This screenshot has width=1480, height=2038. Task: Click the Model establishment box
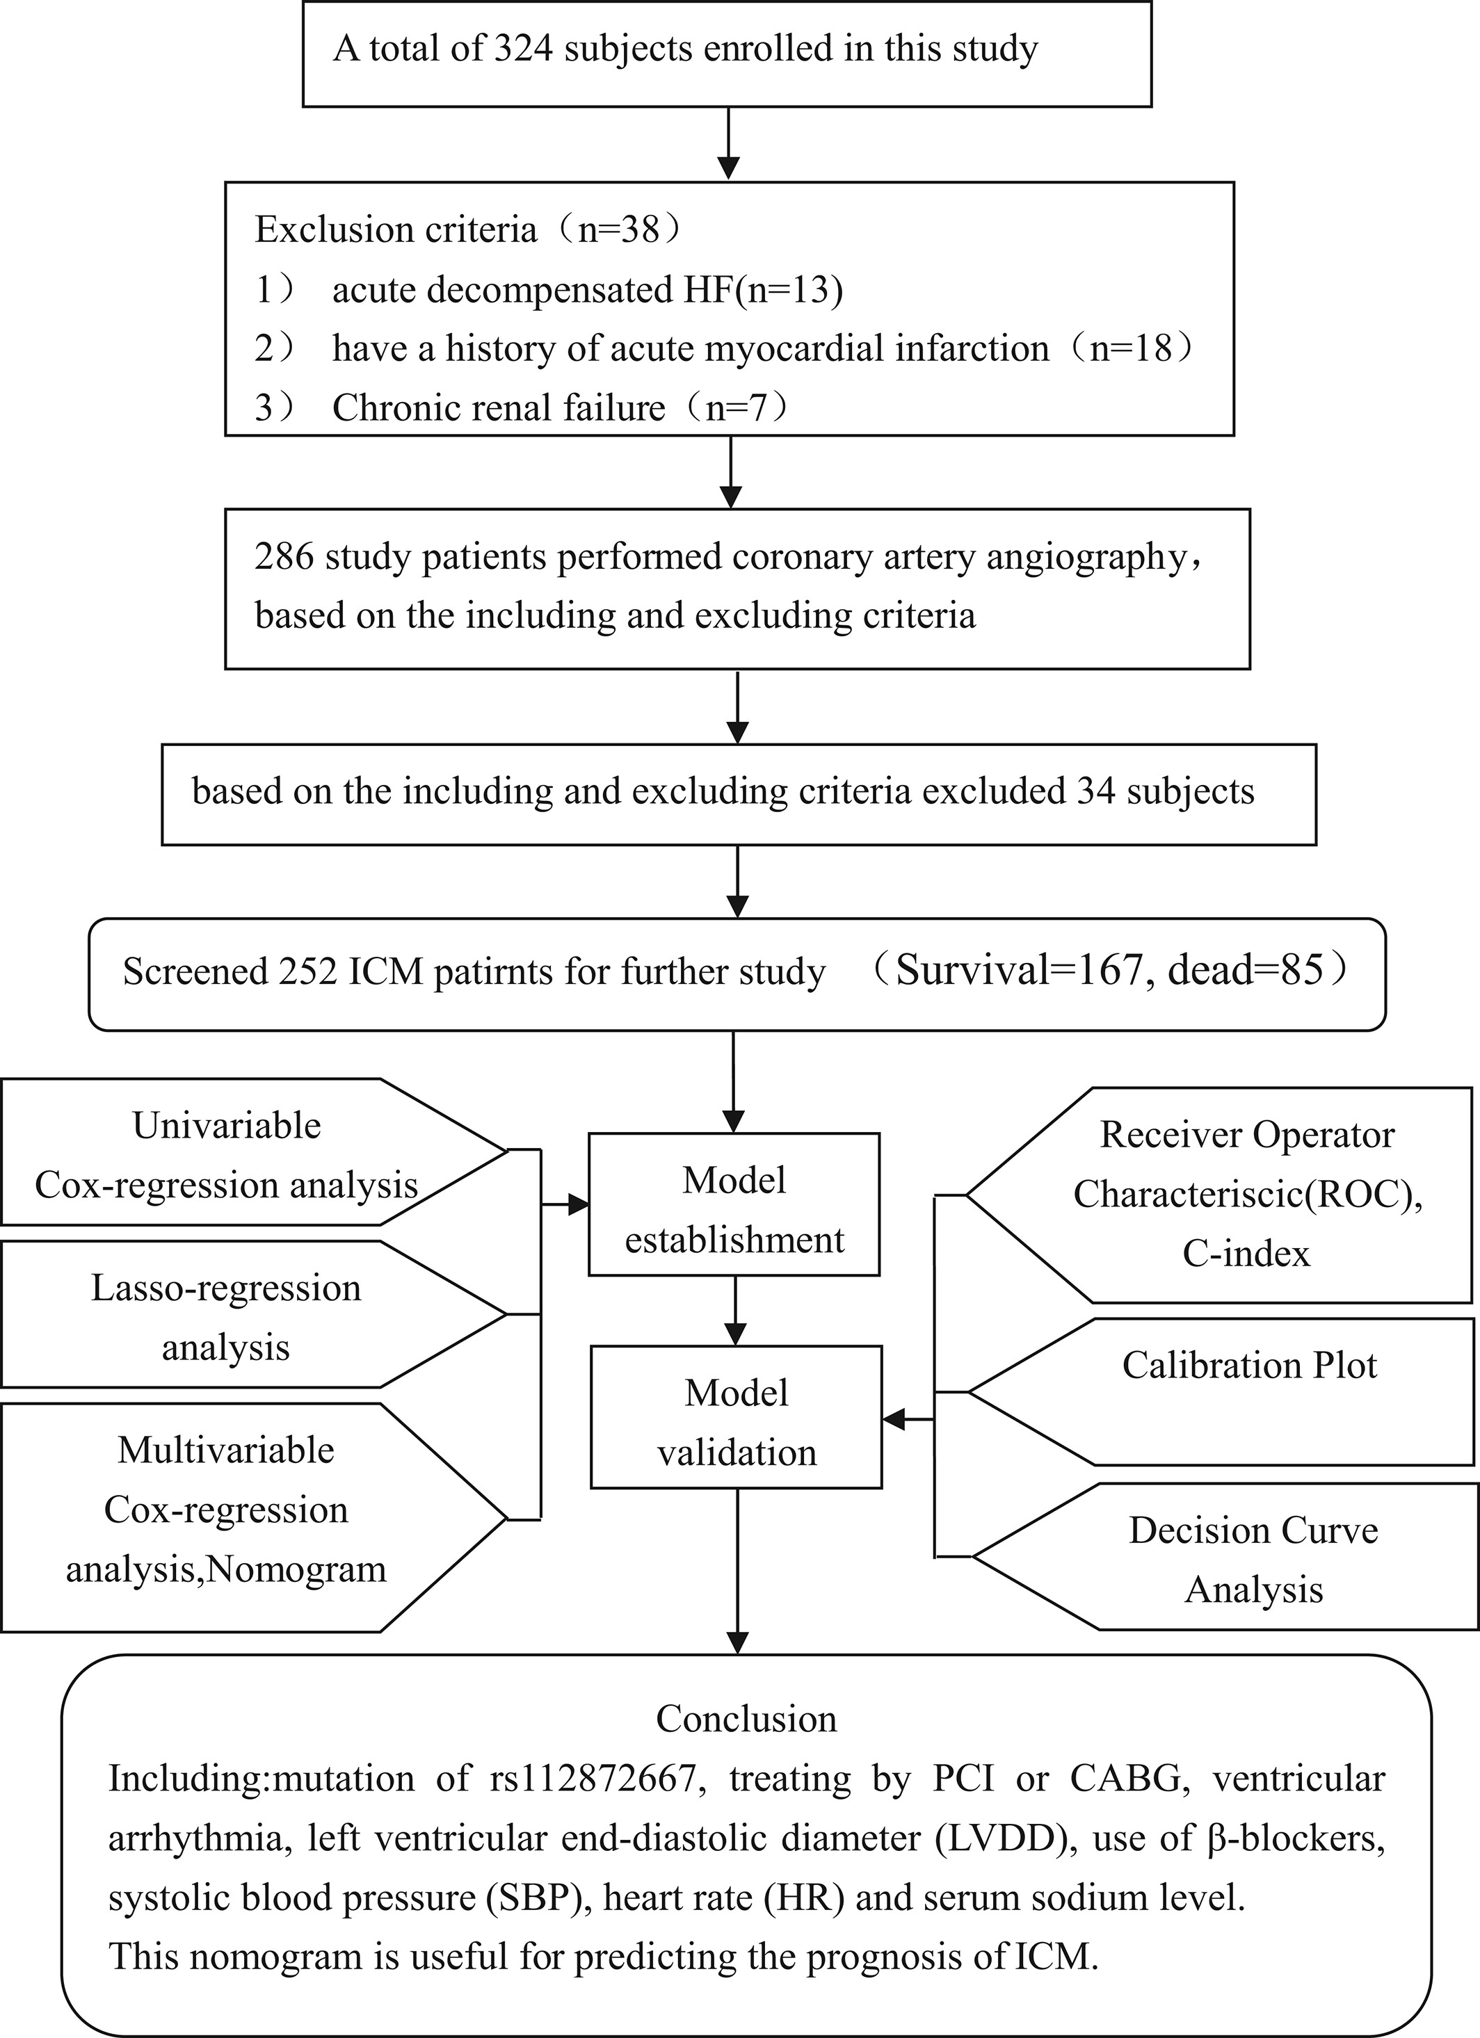(734, 1204)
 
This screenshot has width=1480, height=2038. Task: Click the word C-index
(1246, 1253)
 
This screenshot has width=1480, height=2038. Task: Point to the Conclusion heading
(746, 1718)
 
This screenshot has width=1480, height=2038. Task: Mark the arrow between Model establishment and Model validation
(736, 1310)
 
